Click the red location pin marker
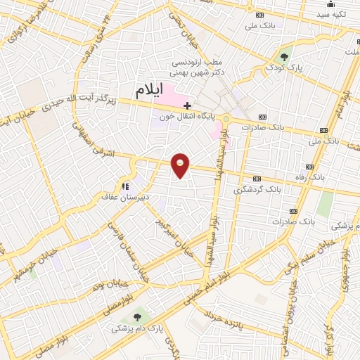point(181,165)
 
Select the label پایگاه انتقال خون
point(191,117)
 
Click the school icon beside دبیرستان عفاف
point(125,186)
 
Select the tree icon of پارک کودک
point(284,58)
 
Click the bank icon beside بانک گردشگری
point(256,178)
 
